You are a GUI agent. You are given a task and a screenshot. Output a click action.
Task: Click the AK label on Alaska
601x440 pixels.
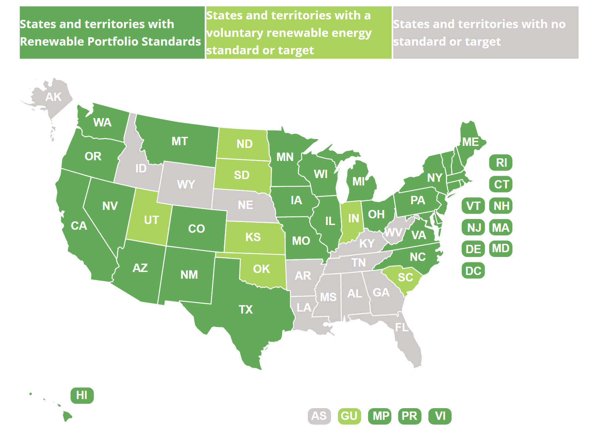pyautogui.click(x=53, y=97)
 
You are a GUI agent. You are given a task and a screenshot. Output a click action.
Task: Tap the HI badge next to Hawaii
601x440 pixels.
pyautogui.click(x=82, y=395)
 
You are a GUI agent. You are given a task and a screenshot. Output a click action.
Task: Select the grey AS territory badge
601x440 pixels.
pyautogui.click(x=319, y=416)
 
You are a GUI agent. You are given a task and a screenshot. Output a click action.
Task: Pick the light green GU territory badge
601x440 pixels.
pyautogui.click(x=349, y=416)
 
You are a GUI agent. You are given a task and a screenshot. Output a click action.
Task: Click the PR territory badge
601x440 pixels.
pyautogui.click(x=409, y=416)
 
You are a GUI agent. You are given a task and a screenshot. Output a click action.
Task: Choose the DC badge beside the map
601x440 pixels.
pyautogui.click(x=473, y=271)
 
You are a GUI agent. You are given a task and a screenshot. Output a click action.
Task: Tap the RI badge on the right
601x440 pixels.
pyautogui.click(x=501, y=163)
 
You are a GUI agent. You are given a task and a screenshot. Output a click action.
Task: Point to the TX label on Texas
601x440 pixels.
pyautogui.click(x=246, y=309)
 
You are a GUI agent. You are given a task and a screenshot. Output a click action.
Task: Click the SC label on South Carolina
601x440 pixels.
pyautogui.click(x=405, y=277)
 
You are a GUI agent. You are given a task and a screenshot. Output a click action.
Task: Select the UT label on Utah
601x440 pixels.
pyautogui.click(x=151, y=220)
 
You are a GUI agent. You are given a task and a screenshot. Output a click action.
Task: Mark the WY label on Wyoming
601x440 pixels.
pyautogui.click(x=186, y=184)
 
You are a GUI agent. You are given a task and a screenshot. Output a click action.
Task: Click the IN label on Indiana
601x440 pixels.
pyautogui.click(x=353, y=218)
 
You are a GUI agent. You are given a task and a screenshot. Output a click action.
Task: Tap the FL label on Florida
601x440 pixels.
pyautogui.click(x=402, y=327)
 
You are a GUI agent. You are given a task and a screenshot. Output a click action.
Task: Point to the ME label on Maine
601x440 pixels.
pyautogui.click(x=470, y=142)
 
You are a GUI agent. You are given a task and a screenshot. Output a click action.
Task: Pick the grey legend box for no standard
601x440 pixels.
pyautogui.click(x=486, y=33)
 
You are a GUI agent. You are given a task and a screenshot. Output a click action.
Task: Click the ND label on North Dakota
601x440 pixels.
pyautogui.click(x=244, y=144)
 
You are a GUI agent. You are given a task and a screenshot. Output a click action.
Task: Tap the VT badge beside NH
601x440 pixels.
pyautogui.click(x=473, y=206)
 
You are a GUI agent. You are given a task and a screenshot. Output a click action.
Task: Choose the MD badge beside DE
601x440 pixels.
pyautogui.click(x=501, y=249)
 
